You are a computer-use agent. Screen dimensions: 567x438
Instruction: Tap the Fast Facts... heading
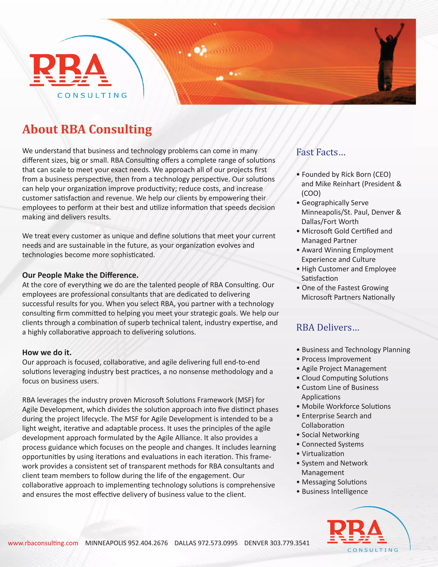coord(321,152)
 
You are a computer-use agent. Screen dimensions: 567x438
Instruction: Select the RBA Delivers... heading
coord(327,327)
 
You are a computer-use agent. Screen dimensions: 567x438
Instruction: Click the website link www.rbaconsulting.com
coord(43,543)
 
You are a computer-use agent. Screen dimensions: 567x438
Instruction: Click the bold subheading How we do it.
coord(47,352)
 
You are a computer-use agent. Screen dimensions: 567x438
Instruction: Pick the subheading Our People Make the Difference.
coord(80,275)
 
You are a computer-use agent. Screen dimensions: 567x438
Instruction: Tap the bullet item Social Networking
coord(330,435)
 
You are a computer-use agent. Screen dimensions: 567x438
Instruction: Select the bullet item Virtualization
coord(323,454)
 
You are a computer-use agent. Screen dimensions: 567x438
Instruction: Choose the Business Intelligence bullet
coord(334,491)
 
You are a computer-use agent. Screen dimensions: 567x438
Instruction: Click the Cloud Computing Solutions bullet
coord(345,378)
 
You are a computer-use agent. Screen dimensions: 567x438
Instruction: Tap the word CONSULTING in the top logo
coord(92,96)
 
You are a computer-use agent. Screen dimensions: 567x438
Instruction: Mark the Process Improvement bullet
coord(336,359)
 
